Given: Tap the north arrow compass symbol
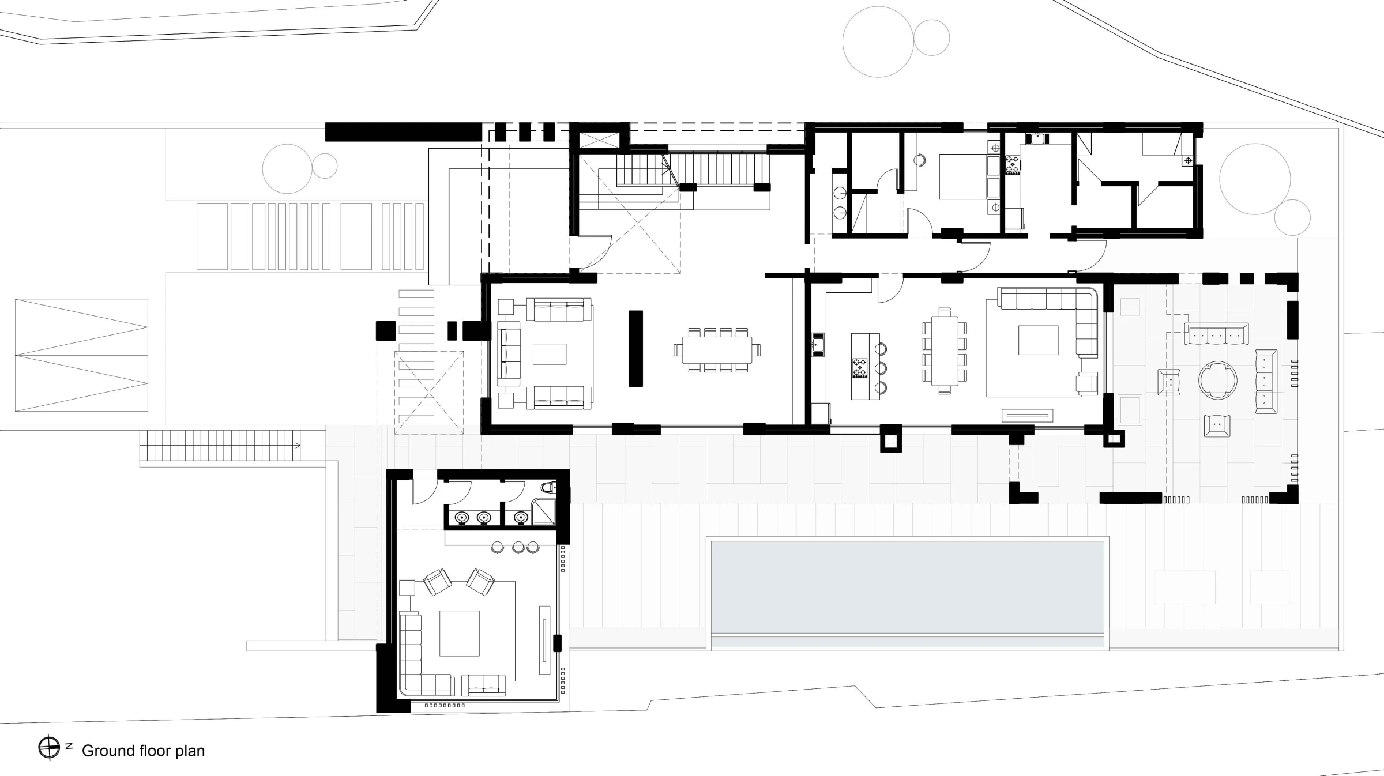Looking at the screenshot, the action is [50, 748].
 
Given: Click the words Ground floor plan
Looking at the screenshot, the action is [144, 751].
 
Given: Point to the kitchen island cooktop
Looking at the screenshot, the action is [859, 368].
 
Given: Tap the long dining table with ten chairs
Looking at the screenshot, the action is [717, 350].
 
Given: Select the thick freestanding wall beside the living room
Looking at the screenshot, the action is [635, 348].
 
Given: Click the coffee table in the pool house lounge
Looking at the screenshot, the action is [460, 633].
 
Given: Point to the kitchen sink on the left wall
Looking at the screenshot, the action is [818, 345].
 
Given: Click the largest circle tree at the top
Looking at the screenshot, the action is [878, 42].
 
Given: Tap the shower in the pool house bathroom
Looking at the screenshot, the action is [543, 512].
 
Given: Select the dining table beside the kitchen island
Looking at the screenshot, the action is [945, 351].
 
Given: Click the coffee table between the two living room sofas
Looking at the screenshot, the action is [550, 354].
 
